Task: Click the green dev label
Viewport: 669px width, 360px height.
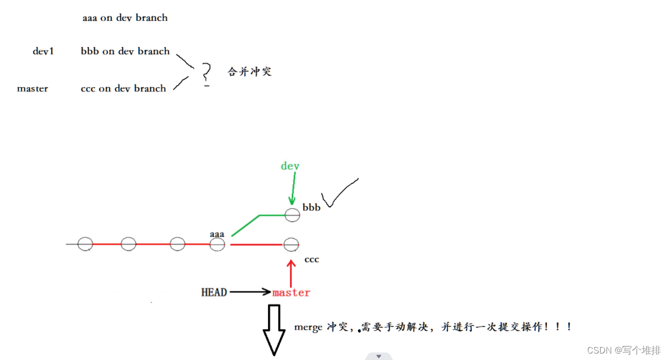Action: point(290,166)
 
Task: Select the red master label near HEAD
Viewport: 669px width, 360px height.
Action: point(291,293)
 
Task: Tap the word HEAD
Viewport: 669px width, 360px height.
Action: point(214,292)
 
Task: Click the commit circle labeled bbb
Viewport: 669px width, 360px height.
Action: point(292,215)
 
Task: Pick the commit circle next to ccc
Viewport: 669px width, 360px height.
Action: point(291,245)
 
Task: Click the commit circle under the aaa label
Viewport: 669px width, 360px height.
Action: point(217,245)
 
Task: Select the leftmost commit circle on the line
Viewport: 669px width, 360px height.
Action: point(85,244)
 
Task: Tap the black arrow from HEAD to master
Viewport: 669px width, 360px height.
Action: point(250,292)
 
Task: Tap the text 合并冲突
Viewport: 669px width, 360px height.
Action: point(250,72)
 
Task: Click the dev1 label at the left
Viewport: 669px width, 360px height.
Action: point(43,52)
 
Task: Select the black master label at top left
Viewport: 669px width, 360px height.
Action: point(32,89)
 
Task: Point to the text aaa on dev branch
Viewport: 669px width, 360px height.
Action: point(125,18)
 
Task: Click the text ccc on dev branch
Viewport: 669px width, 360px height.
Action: point(123,89)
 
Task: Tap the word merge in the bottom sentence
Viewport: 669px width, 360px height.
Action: point(308,327)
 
